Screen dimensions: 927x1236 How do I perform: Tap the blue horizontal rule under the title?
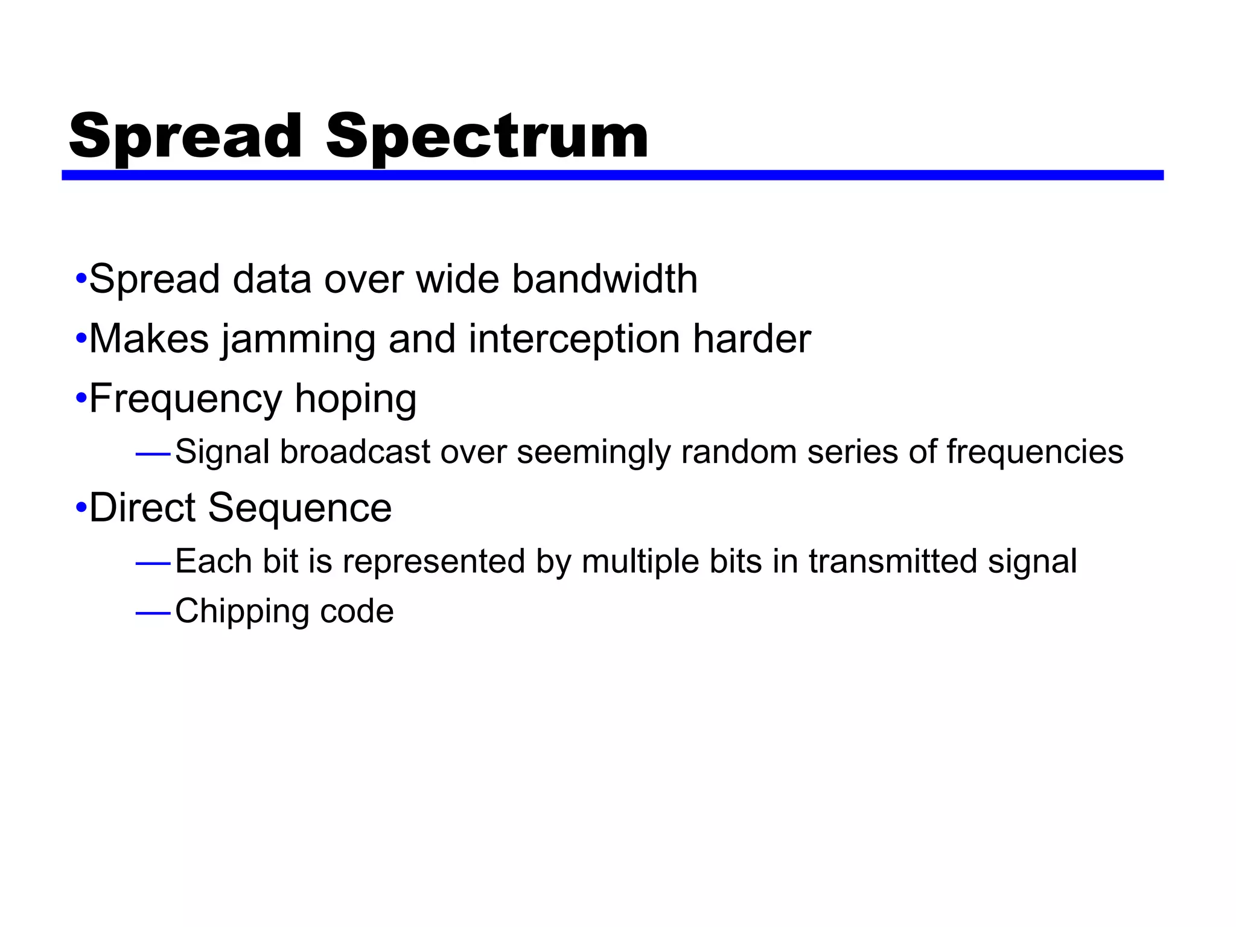tap(612, 175)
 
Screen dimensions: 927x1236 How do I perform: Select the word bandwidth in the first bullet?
tap(605, 279)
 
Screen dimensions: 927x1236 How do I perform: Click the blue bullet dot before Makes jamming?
tap(81, 339)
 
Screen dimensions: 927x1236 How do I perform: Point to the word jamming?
tap(298, 339)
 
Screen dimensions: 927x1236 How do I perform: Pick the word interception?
tap(573, 339)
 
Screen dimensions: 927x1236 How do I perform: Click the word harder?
tap(751, 339)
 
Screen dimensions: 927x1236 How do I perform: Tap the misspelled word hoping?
tap(355, 400)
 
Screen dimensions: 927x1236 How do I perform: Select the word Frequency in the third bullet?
tap(185, 400)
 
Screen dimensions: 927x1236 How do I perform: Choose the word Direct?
tap(142, 508)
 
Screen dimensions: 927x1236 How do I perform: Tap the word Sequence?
tap(300, 508)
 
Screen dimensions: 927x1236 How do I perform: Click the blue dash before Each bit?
tap(153, 564)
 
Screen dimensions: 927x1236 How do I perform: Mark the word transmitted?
tap(893, 562)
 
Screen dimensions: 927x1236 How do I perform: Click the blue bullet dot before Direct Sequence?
tap(81, 508)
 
